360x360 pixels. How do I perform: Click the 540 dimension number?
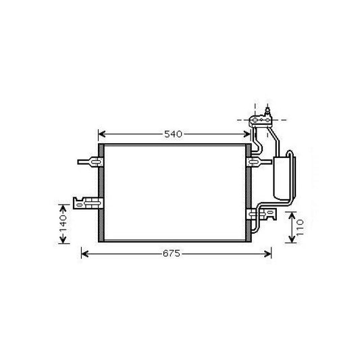[x=174, y=134]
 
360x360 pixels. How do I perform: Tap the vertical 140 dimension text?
[x=63, y=228]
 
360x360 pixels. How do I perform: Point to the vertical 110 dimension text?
[x=301, y=228]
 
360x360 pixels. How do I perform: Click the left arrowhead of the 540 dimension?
[x=102, y=134]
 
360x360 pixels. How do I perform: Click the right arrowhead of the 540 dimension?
[x=248, y=134]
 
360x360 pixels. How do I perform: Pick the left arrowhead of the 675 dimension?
[x=84, y=253]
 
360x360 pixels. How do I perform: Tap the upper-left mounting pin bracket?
[x=91, y=161]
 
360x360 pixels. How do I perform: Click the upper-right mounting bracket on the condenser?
[x=256, y=161]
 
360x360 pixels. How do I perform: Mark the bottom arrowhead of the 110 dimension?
[x=292, y=240]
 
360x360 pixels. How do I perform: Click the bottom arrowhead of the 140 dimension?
[x=63, y=241]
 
